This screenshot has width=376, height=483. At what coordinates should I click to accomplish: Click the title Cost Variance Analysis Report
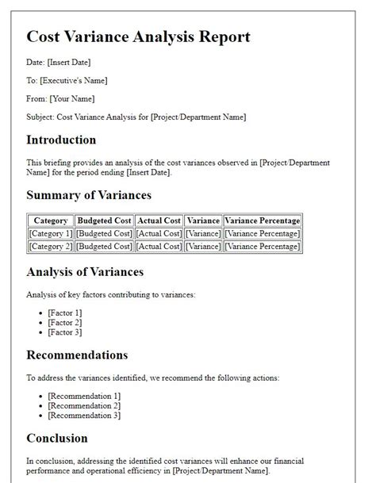click(x=138, y=37)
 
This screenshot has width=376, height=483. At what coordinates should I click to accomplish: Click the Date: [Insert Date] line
click(x=57, y=63)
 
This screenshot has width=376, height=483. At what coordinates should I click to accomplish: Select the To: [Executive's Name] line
click(x=67, y=80)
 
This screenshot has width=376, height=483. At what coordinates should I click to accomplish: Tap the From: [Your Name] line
click(x=60, y=98)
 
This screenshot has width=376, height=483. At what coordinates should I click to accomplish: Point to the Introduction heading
click(x=61, y=140)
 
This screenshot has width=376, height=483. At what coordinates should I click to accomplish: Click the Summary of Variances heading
click(x=89, y=195)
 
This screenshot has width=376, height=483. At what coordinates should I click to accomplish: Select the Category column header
click(x=51, y=220)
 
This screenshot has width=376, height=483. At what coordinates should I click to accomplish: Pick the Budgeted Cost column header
click(x=104, y=220)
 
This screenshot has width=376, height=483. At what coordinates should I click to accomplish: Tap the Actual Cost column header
click(x=159, y=220)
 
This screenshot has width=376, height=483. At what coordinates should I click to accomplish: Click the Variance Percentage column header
click(x=263, y=220)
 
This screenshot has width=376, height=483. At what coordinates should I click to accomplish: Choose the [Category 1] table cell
click(x=51, y=233)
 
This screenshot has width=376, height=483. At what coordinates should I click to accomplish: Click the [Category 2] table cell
click(x=51, y=247)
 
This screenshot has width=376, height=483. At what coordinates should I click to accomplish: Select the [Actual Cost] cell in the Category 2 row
click(x=159, y=247)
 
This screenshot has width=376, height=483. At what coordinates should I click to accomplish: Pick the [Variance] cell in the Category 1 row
click(x=203, y=233)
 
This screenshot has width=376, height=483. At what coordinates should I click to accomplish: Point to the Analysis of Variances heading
click(x=85, y=272)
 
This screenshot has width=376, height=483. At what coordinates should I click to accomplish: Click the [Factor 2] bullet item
click(x=64, y=323)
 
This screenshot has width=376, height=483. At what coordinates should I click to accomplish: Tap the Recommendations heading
click(x=77, y=355)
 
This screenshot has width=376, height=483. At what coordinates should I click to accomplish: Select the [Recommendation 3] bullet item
click(x=84, y=415)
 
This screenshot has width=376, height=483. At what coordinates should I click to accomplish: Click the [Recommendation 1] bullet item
click(x=84, y=395)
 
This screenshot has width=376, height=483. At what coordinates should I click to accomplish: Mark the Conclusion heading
click(x=57, y=438)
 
